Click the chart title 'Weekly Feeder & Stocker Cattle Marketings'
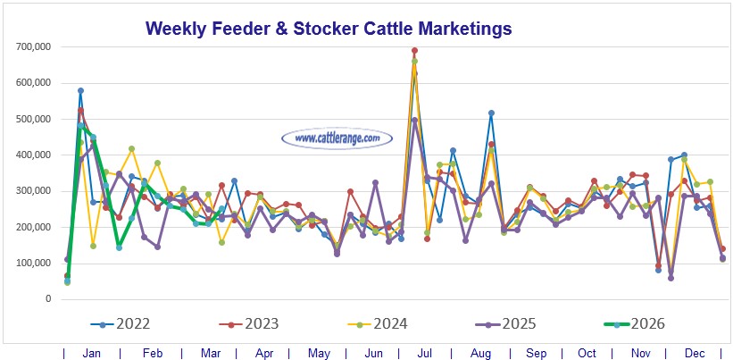point(329,29)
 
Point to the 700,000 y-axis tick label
point(32,46)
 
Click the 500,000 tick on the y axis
point(32,119)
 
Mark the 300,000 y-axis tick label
point(32,191)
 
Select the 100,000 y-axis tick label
point(32,264)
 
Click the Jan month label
point(91,354)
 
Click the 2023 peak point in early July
point(414,51)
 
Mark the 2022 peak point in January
point(80,90)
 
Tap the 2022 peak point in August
point(491,113)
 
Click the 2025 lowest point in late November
point(671,278)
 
